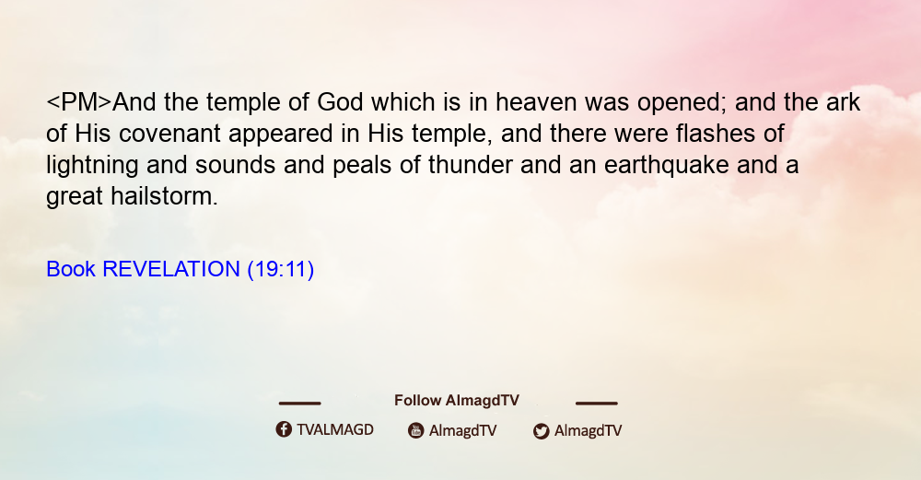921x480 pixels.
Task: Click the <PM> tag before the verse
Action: click(x=78, y=102)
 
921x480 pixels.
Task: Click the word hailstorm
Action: click(x=165, y=196)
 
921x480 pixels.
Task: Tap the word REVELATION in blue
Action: click(x=171, y=269)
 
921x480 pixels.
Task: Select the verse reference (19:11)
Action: click(x=281, y=270)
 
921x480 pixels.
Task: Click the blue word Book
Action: click(x=71, y=269)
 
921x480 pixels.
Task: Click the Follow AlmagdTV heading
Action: click(x=457, y=401)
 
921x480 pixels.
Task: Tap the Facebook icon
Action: click(x=284, y=429)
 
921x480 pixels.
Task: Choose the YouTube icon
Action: click(x=416, y=430)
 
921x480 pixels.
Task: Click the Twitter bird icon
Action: click(x=541, y=431)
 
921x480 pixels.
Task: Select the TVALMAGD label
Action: click(x=335, y=429)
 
